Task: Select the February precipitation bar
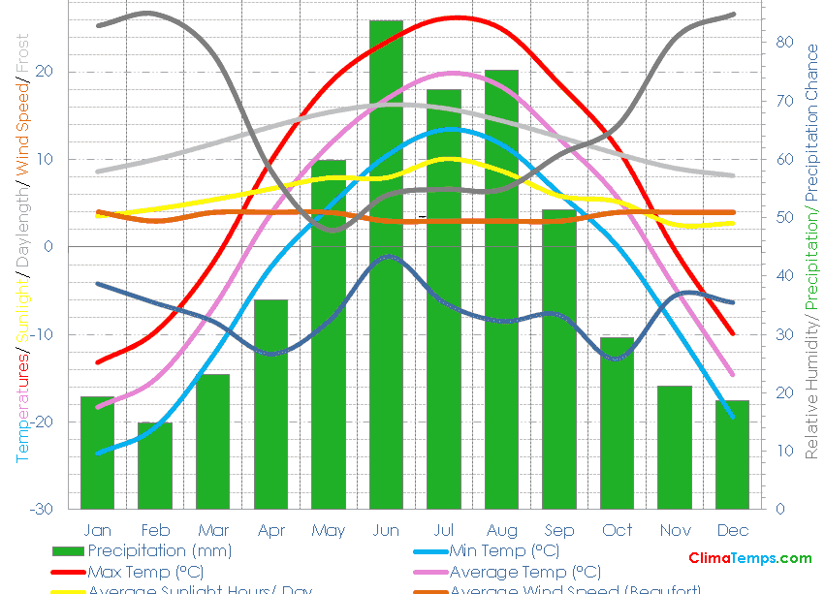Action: point(155,465)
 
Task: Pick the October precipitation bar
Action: point(617,422)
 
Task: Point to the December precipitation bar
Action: point(733,454)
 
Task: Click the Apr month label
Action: point(270,530)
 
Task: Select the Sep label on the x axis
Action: point(559,530)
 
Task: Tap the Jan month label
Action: point(97,530)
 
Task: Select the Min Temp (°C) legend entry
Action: point(504,551)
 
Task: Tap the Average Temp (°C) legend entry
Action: point(524,572)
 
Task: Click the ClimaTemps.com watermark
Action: point(749,558)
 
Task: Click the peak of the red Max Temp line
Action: point(455,17)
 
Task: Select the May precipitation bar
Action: point(329,334)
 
